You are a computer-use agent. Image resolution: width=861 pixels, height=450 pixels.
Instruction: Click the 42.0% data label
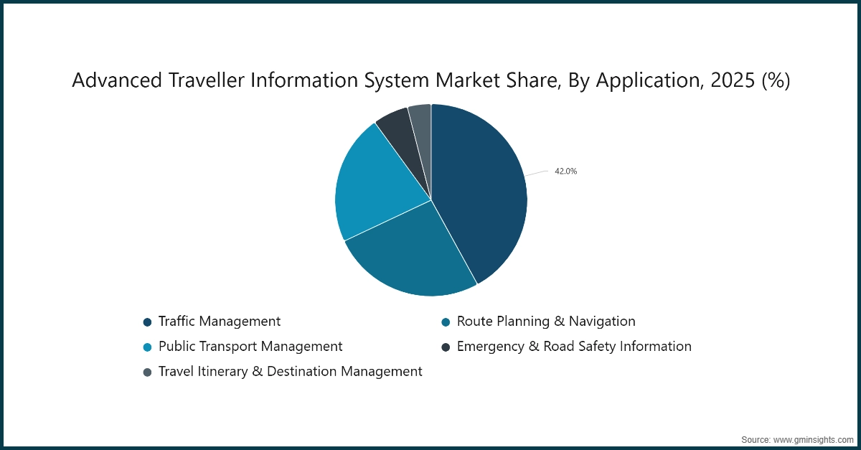565,172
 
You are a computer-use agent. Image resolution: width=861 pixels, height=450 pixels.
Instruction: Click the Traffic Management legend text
220,321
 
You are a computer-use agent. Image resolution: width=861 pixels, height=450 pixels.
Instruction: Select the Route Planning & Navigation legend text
546,321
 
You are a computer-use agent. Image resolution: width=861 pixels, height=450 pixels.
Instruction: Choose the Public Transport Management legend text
250,346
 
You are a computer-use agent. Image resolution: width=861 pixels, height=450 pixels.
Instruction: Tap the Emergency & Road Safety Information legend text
574,346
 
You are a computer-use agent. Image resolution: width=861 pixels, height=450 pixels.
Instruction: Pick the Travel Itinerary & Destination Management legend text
290,371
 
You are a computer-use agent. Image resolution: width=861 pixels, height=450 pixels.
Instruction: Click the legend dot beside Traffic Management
148,322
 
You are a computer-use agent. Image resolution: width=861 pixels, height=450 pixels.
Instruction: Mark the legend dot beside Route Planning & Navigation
446,322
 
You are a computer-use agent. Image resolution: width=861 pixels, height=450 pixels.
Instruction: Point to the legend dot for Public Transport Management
148,347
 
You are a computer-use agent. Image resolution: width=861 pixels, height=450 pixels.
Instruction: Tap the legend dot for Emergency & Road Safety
446,347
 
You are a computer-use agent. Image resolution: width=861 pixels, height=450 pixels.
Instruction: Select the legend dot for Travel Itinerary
148,372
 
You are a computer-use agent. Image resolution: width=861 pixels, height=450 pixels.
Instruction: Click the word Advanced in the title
116,81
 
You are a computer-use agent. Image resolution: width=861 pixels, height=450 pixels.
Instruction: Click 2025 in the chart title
729,81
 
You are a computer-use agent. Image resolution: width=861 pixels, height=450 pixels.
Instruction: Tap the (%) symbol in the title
775,81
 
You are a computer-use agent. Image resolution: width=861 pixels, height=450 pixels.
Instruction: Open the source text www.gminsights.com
813,439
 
